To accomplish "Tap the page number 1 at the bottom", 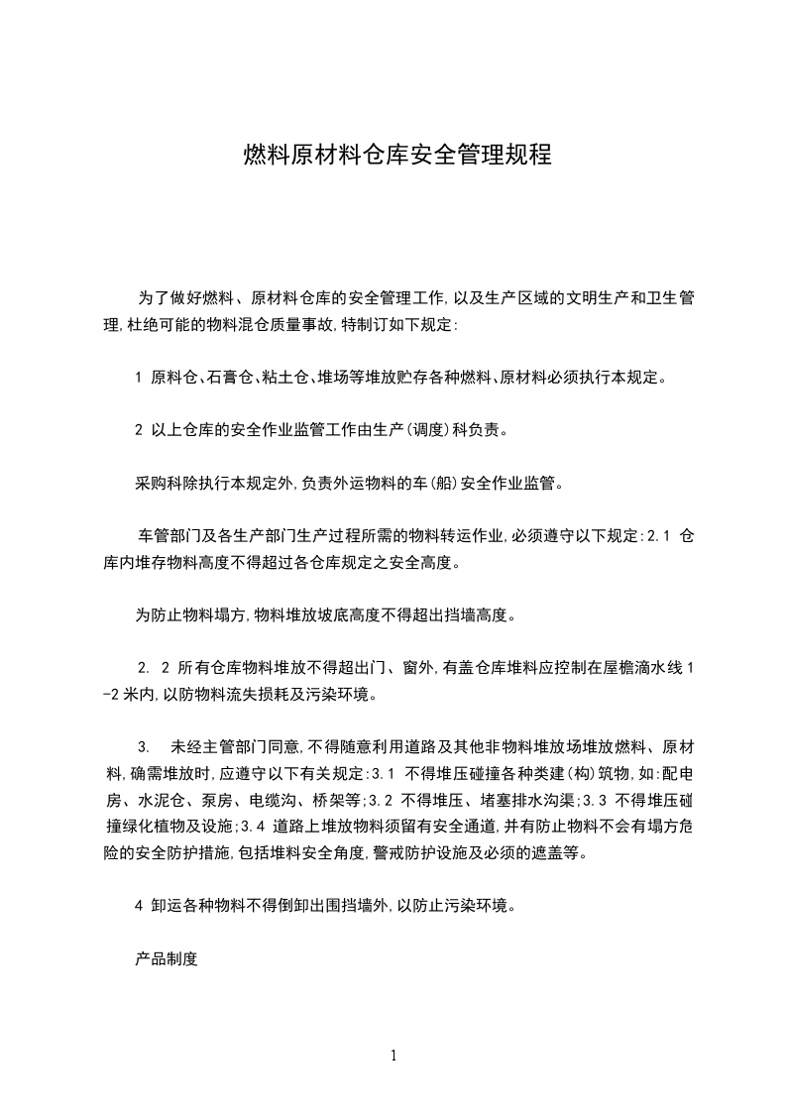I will pyautogui.click(x=393, y=1056).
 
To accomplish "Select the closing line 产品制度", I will pyautogui.click(x=167, y=959).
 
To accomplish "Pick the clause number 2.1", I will pyautogui.click(x=659, y=537).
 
